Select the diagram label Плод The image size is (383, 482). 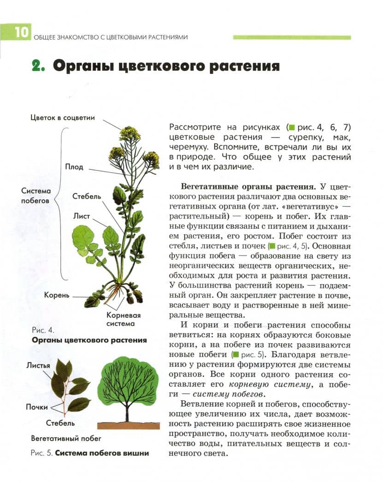(x=74, y=167)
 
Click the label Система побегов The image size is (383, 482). (x=36, y=196)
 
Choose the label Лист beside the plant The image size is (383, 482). (x=81, y=215)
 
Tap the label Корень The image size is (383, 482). (x=57, y=295)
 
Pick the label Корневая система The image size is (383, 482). (x=124, y=319)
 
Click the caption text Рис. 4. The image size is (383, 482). (x=43, y=330)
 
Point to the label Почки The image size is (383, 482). (x=37, y=407)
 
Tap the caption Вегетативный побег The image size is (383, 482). (x=66, y=438)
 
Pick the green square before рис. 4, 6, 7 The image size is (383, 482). (x=291, y=126)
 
